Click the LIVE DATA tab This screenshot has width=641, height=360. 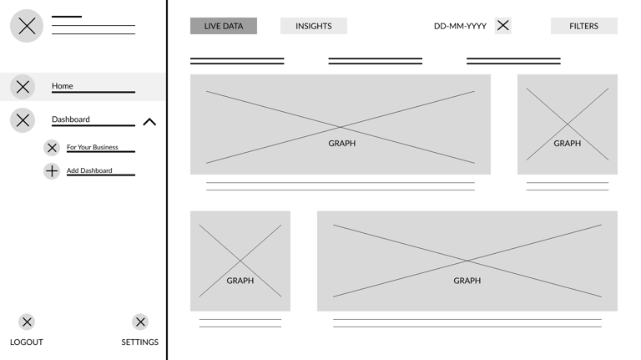click(224, 26)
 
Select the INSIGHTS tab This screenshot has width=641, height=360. click(313, 26)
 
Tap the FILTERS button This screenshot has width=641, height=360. click(583, 26)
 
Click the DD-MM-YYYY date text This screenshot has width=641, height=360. click(460, 26)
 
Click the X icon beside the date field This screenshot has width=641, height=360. click(503, 26)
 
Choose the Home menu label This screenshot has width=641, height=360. click(63, 86)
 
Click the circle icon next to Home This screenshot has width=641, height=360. click(23, 87)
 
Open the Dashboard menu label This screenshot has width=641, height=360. click(71, 119)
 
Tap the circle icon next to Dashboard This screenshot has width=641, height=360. click(23, 120)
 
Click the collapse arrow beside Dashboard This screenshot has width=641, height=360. click(149, 122)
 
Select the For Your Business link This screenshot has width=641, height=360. click(93, 147)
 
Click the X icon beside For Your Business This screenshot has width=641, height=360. click(52, 148)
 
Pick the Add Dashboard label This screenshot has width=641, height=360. click(89, 170)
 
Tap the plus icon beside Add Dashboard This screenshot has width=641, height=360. click(52, 171)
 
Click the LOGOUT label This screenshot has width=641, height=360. click(27, 342)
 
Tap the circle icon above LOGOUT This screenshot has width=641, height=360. click(27, 322)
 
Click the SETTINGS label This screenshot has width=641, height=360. click(139, 342)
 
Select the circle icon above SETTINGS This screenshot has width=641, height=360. click(140, 322)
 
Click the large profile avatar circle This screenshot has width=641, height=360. click(27, 26)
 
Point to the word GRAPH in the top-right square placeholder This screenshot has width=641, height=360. click(568, 144)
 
